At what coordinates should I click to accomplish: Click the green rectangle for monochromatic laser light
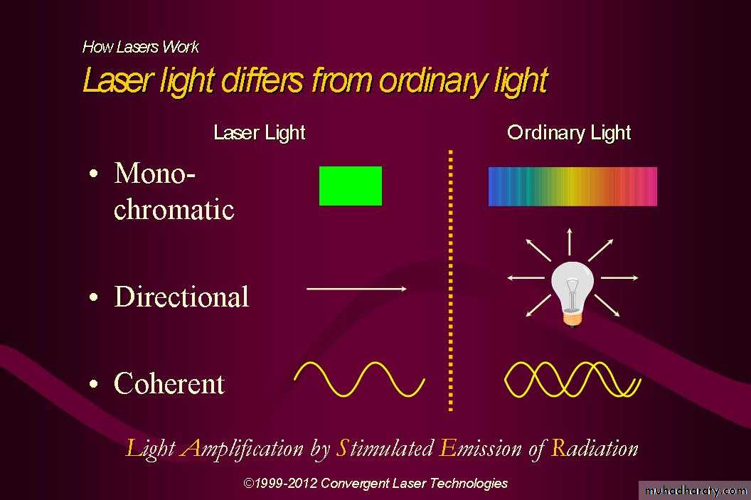tap(351, 186)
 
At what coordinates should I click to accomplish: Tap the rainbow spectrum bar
tap(572, 186)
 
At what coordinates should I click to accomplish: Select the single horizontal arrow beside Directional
tap(357, 289)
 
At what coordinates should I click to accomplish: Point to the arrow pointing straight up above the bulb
tap(570, 242)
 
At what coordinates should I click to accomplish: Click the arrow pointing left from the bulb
tap(526, 277)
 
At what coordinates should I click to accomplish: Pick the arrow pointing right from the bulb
tap(619, 277)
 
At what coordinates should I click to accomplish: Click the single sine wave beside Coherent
tap(359, 379)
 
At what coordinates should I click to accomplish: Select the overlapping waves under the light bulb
tap(572, 379)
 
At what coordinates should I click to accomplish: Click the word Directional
tap(181, 297)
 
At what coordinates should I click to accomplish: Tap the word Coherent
tap(169, 383)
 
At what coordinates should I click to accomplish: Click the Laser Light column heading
tap(259, 133)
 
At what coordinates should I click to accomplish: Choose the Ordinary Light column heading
tap(569, 133)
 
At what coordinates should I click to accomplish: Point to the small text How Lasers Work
tap(140, 47)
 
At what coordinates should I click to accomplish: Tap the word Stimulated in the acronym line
tap(385, 448)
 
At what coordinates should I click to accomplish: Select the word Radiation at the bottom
tap(595, 448)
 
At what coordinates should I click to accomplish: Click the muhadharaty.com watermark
tap(696, 491)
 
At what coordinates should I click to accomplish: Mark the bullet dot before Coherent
tap(94, 384)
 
